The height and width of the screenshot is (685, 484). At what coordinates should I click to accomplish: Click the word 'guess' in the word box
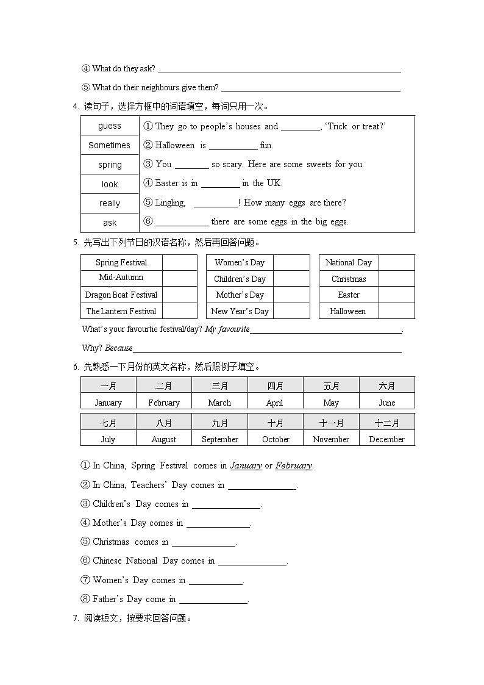tap(110, 126)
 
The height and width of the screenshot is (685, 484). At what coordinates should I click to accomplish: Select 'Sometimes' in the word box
tap(110, 145)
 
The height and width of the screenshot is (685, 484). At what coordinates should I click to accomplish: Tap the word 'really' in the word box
tap(110, 203)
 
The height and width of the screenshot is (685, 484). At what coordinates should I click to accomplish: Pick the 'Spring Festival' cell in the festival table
tap(121, 262)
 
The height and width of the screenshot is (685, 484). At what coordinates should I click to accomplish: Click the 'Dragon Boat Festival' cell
tap(121, 295)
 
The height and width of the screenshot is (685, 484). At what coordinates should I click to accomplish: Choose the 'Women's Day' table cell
tap(240, 262)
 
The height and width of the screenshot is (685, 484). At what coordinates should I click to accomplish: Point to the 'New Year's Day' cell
tap(240, 311)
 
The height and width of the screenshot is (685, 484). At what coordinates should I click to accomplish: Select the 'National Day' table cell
tap(349, 262)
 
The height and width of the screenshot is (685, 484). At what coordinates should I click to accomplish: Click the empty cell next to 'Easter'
tap(396, 295)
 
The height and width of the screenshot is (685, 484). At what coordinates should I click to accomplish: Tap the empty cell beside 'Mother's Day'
tap(291, 295)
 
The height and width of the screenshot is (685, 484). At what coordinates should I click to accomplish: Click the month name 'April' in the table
tap(275, 403)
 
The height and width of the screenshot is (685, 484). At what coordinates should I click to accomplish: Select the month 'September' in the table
tap(219, 439)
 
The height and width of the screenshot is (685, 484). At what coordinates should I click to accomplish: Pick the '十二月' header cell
tap(386, 423)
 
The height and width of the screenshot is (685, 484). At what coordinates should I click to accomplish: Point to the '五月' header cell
tap(331, 386)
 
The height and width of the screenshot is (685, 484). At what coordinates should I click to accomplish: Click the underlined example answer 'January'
tap(246, 465)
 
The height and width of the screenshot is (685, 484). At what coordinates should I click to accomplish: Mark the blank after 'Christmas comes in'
tap(204, 542)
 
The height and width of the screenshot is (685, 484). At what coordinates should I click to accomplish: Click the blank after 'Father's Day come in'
tap(213, 600)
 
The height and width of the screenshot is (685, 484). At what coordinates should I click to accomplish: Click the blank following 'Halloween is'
tap(233, 146)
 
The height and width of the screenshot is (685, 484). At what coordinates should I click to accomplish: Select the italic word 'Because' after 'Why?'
tap(119, 348)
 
